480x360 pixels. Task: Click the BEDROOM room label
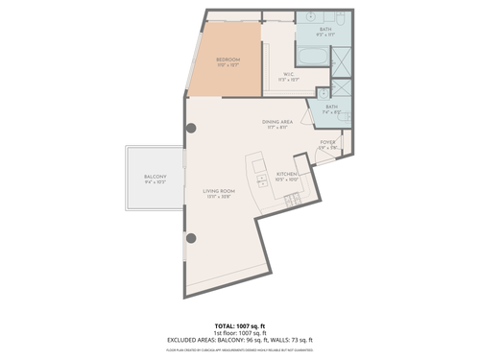point(228,60)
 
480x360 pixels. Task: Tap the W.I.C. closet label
point(288,73)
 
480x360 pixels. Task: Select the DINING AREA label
point(276,122)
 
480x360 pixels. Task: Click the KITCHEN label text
point(289,174)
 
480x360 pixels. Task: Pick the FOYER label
point(327,141)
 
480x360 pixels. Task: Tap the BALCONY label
point(156,177)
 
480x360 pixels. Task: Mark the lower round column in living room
point(190,237)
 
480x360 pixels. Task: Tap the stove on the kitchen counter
point(291,200)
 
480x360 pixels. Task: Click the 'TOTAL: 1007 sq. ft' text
point(239,324)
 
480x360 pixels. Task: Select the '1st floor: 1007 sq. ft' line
point(239,332)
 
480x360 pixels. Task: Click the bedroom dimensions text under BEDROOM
point(228,65)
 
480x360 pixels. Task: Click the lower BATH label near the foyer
point(331,107)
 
